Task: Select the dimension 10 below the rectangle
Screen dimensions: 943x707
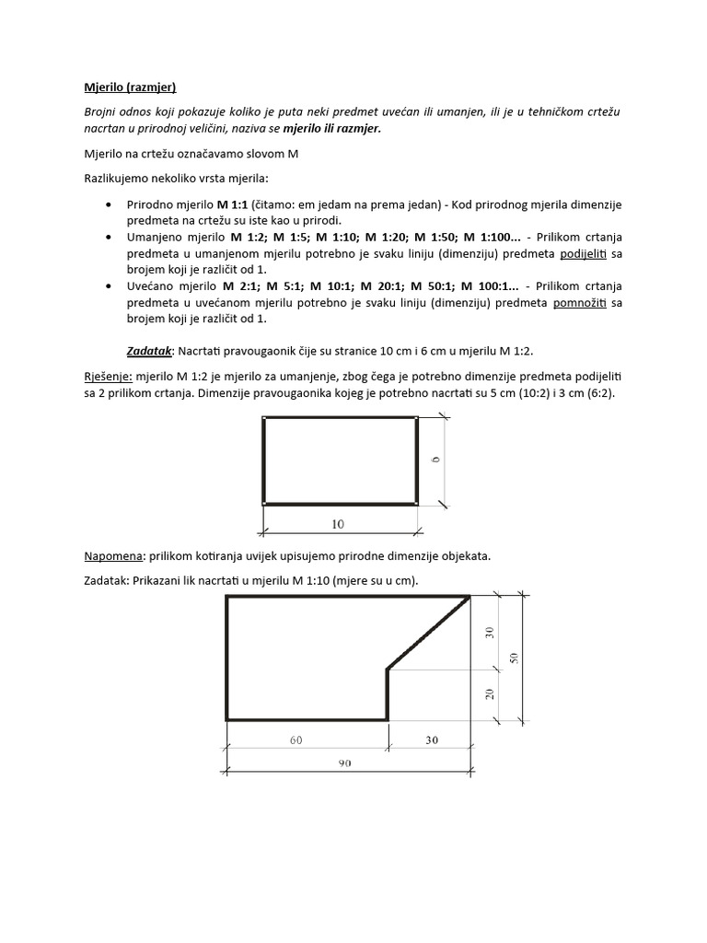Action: pos(337,524)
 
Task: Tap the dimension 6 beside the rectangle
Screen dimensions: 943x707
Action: pos(435,458)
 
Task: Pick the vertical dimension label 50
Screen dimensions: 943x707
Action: pos(515,658)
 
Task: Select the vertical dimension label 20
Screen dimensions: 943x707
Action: pos(490,693)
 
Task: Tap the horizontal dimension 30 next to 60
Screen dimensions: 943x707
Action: pos(429,739)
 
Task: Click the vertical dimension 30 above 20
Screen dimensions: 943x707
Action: pos(490,632)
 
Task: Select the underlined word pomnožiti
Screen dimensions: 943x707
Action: pos(578,303)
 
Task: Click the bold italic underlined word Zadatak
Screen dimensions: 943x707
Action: pos(149,351)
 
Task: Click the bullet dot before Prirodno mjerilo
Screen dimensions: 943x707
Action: pos(110,204)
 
